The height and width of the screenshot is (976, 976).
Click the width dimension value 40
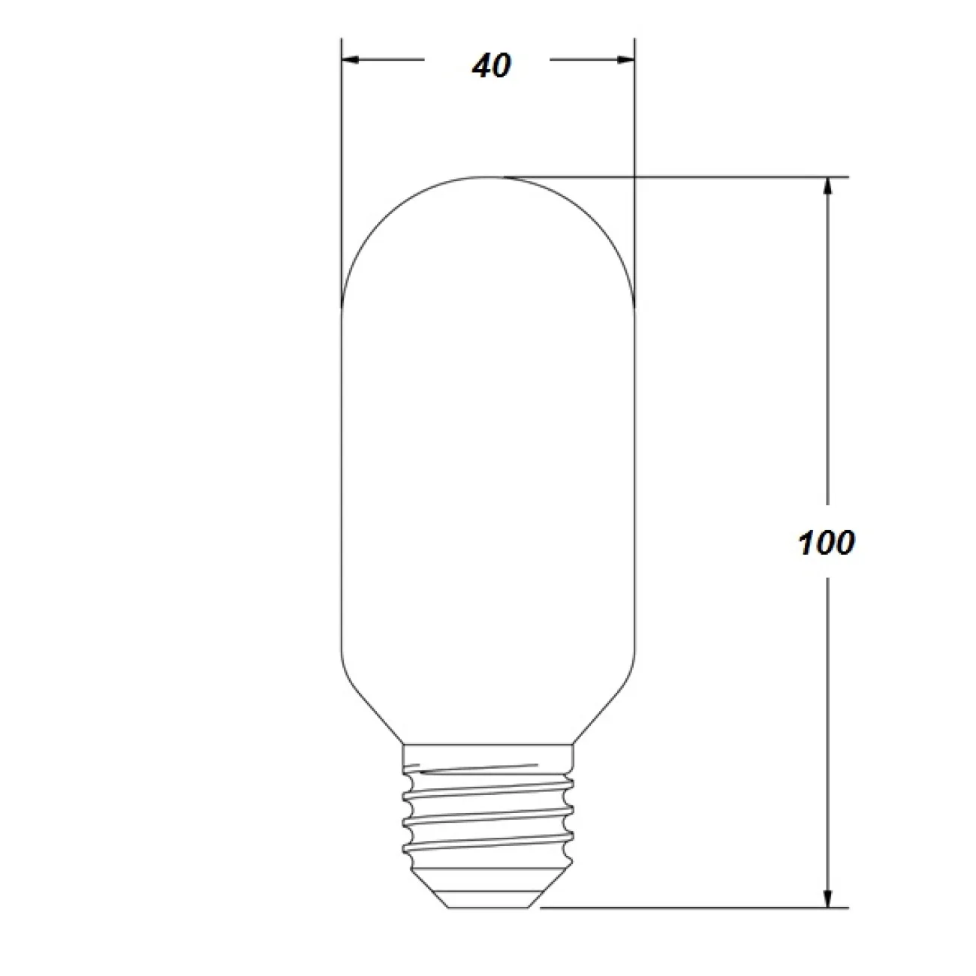click(492, 66)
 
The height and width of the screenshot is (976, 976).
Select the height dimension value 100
click(826, 543)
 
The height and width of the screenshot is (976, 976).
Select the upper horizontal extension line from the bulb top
click(676, 177)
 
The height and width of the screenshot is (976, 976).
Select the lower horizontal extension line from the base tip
click(676, 908)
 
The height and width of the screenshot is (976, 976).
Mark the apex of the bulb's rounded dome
click(489, 177)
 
